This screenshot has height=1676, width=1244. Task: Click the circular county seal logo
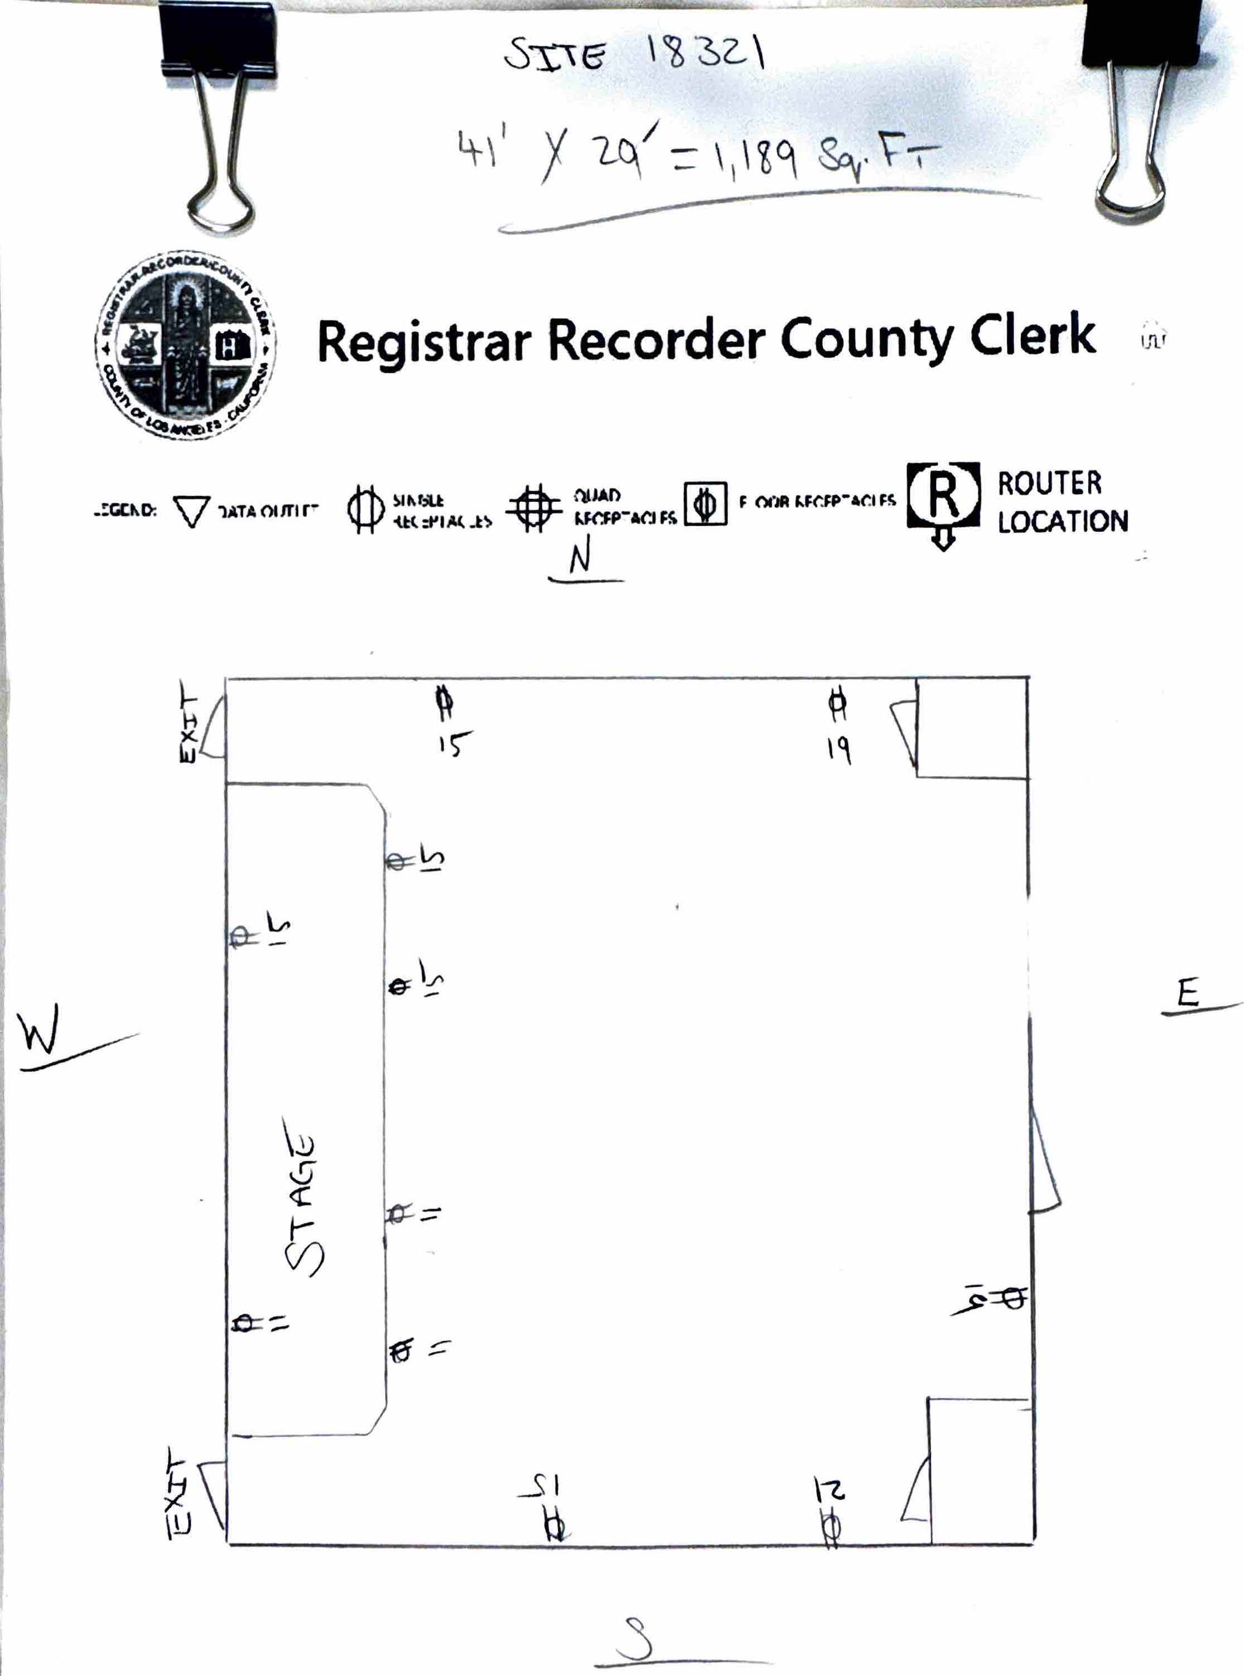(185, 345)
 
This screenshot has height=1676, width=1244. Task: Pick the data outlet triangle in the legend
(191, 511)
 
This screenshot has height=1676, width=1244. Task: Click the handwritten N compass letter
(580, 558)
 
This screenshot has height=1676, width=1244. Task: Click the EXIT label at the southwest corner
(179, 1493)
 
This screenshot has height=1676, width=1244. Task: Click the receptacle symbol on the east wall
(1014, 1297)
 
